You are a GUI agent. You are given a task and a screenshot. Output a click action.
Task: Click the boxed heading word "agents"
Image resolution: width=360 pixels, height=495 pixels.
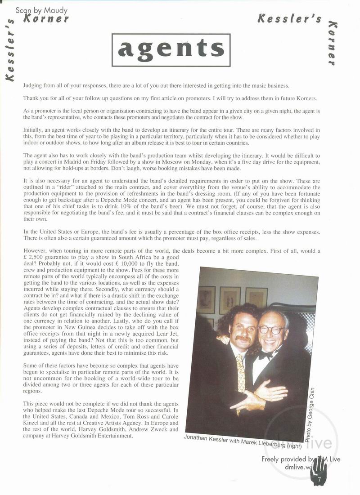(x=171, y=49)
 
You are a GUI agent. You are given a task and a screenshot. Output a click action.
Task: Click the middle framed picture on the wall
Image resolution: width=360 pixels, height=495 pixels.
(x=229, y=299)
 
